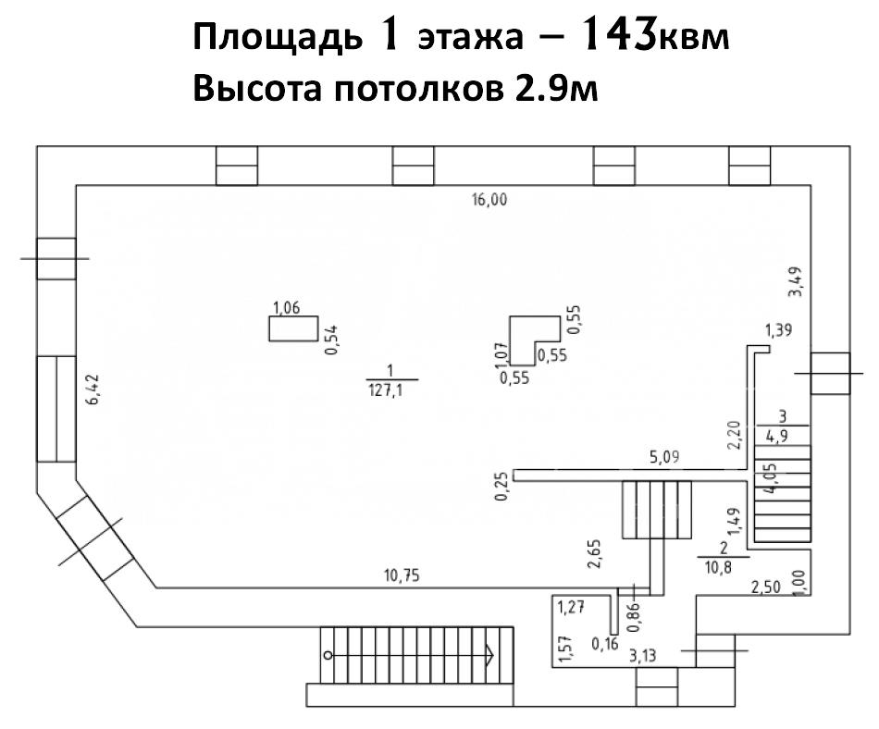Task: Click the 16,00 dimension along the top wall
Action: coord(489,200)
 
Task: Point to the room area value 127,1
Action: coord(393,390)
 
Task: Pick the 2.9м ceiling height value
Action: coord(556,89)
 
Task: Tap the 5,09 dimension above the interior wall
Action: coord(664,456)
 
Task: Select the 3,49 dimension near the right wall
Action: coord(794,281)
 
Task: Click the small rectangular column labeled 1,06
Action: coord(293,328)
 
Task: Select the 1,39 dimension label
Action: coord(779,331)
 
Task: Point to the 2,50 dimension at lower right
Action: coord(764,587)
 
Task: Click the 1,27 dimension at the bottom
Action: coord(573,608)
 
